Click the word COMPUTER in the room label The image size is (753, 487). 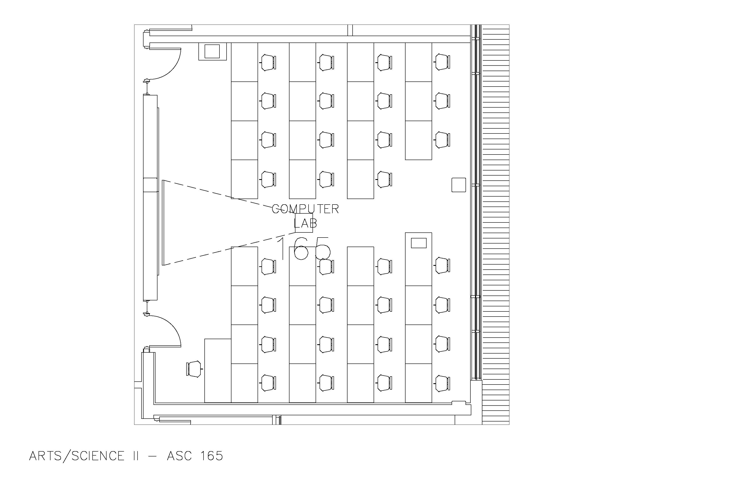(305, 209)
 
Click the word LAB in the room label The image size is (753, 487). (305, 223)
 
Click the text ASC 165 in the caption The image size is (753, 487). (195, 456)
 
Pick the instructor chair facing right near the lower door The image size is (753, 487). (194, 369)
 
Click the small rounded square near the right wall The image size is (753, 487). (458, 185)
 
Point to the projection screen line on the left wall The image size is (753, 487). (163, 223)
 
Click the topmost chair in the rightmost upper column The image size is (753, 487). (442, 62)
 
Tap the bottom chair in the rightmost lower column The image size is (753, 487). (442, 383)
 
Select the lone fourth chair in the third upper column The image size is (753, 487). (384, 180)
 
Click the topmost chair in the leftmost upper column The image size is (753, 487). (268, 62)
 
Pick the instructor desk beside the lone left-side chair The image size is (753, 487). (218, 371)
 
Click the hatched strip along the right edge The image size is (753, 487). (495, 221)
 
